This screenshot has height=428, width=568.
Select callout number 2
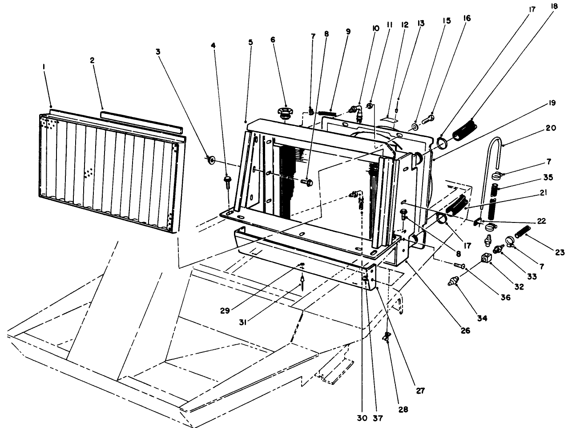(92, 61)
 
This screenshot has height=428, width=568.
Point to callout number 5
(250, 42)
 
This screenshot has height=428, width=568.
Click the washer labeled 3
(211, 159)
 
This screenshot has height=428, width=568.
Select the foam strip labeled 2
(141, 121)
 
